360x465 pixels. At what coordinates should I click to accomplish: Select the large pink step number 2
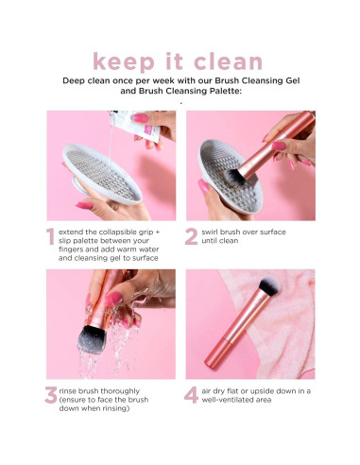point(192,238)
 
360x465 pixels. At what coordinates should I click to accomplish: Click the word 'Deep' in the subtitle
point(76,81)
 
